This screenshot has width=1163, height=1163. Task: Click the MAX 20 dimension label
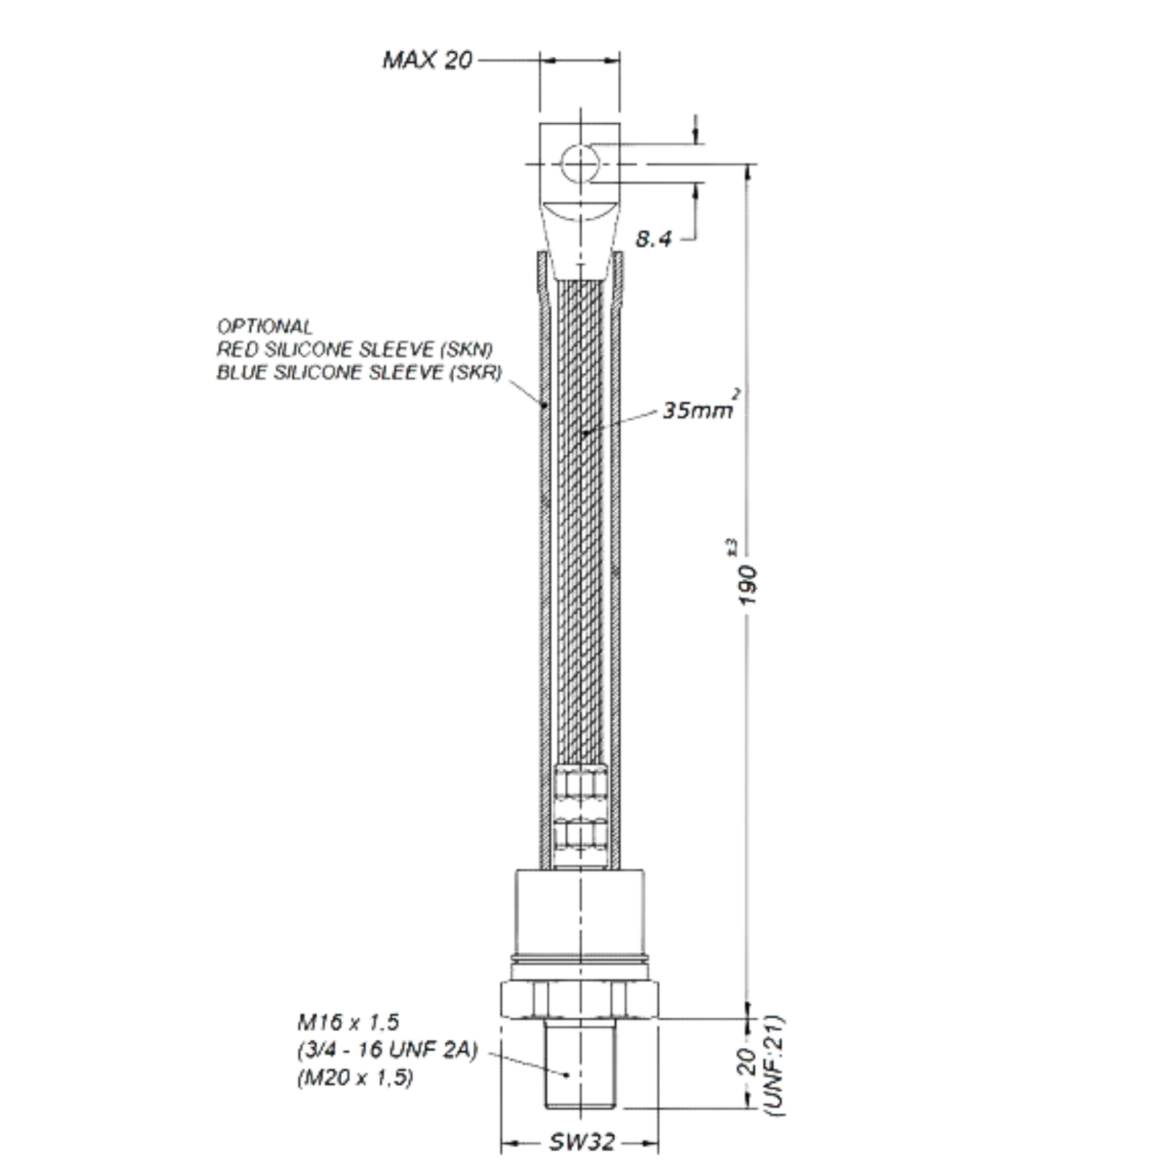427,60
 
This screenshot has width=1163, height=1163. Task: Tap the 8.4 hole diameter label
653,239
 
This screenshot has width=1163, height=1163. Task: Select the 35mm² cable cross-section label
701,406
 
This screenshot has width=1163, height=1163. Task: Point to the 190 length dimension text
748,585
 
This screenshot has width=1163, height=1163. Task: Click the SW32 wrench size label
582,1142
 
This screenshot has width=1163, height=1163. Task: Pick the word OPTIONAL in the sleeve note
265,327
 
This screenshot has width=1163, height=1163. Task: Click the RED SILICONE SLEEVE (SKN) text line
355,348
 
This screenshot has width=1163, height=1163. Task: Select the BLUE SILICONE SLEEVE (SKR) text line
359,373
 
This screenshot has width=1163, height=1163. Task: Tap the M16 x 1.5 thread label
348,1022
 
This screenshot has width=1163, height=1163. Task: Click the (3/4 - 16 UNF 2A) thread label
387,1050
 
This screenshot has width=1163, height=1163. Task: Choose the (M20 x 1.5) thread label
356,1078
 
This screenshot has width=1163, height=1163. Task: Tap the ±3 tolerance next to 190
732,546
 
